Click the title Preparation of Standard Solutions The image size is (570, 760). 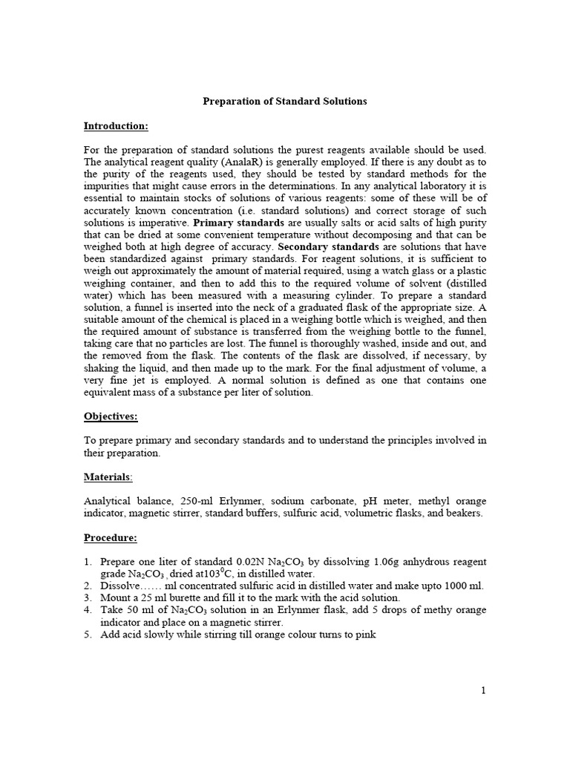click(285, 101)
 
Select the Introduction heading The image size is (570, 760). click(116, 125)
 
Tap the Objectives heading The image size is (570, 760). click(111, 416)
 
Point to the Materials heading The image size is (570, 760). click(108, 476)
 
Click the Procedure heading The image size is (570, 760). click(111, 537)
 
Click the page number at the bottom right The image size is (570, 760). click(483, 690)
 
